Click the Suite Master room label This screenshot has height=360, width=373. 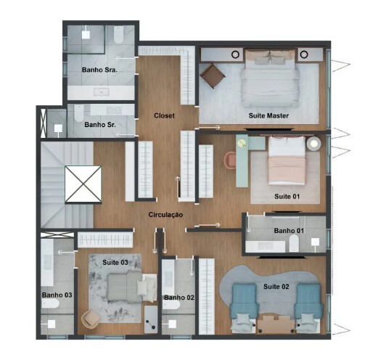[x=269, y=116]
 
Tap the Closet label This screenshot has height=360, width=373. [x=165, y=115]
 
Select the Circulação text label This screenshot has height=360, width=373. [x=165, y=215]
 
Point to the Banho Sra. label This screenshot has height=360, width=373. [x=100, y=70]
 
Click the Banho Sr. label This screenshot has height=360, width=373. [x=100, y=125]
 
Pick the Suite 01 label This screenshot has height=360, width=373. [x=287, y=196]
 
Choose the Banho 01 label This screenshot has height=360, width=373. [x=288, y=231]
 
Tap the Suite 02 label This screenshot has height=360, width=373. [x=276, y=287]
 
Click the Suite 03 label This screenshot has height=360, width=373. [x=115, y=262]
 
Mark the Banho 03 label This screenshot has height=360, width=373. [x=57, y=295]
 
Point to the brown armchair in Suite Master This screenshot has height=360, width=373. [x=213, y=75]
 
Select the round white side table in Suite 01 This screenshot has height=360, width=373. [x=314, y=144]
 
